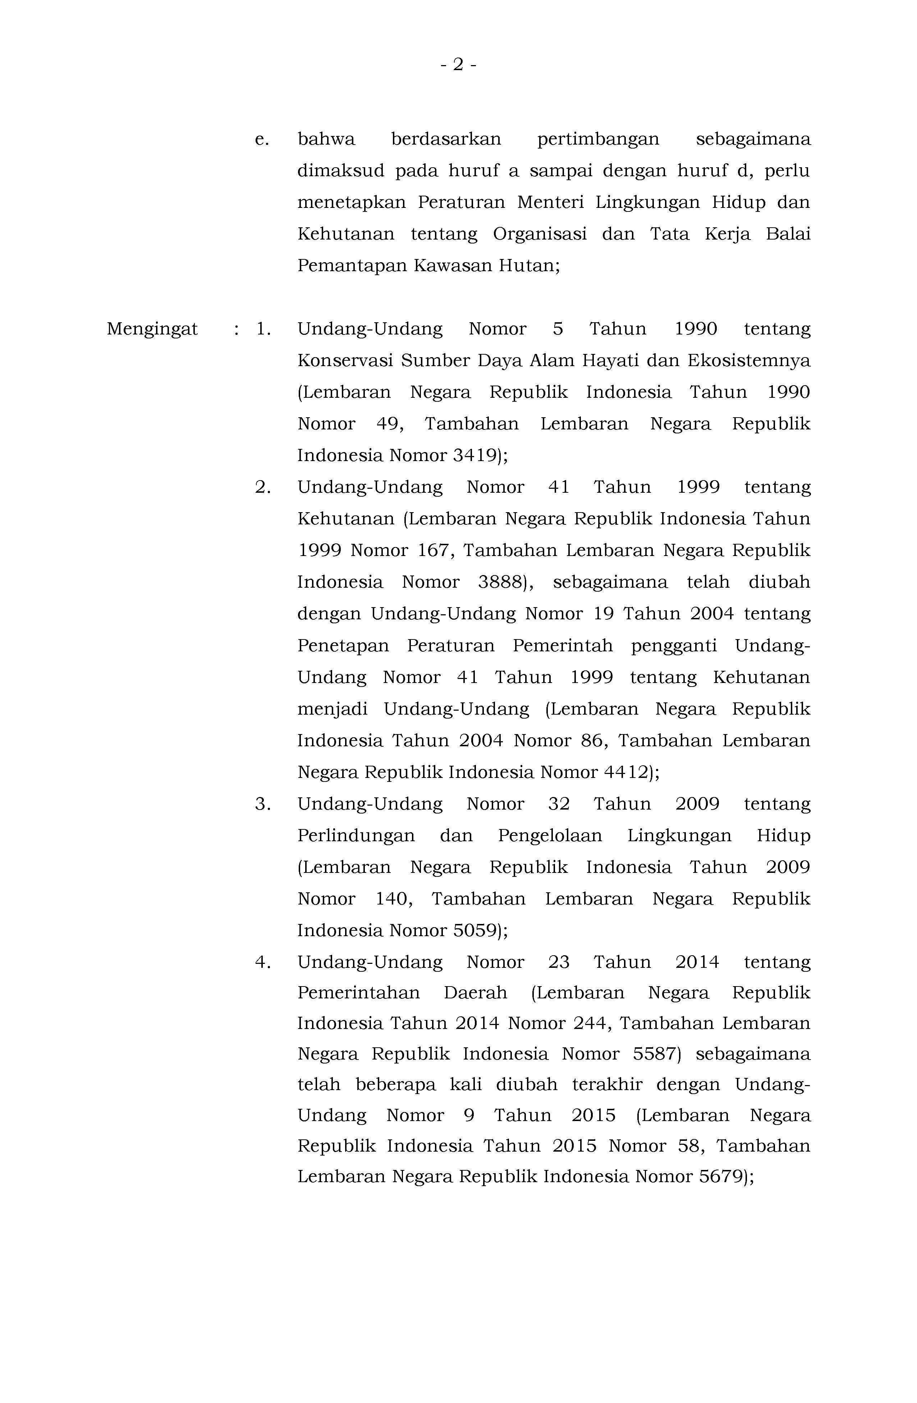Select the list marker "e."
(x=262, y=140)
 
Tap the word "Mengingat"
(x=152, y=329)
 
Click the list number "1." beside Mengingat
(x=263, y=329)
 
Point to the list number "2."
(x=263, y=488)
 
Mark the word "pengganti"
(x=674, y=646)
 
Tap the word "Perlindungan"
(x=356, y=836)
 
